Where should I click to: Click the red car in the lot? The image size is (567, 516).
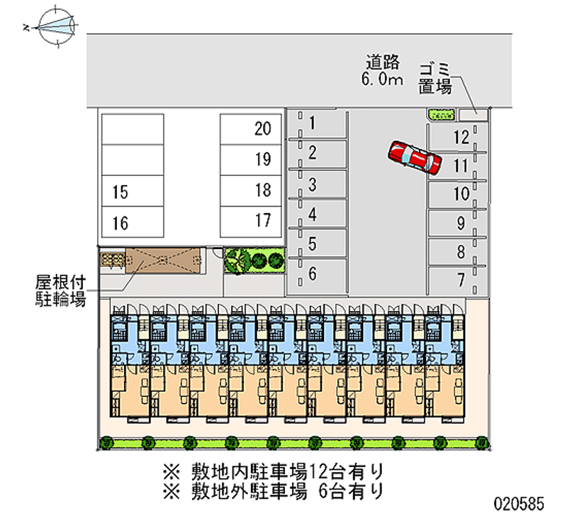415,158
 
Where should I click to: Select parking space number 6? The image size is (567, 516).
317,274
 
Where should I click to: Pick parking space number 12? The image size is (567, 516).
458,136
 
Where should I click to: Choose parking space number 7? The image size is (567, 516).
458,280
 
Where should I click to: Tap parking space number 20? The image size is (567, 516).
252,129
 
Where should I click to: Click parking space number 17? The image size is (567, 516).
252,220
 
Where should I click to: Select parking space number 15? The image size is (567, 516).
132,191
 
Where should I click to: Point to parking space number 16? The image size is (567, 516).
132,224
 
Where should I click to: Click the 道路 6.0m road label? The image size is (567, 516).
383,69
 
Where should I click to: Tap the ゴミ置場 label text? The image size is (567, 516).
434,78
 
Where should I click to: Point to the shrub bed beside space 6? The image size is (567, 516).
254,261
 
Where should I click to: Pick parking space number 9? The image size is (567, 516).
458,223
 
